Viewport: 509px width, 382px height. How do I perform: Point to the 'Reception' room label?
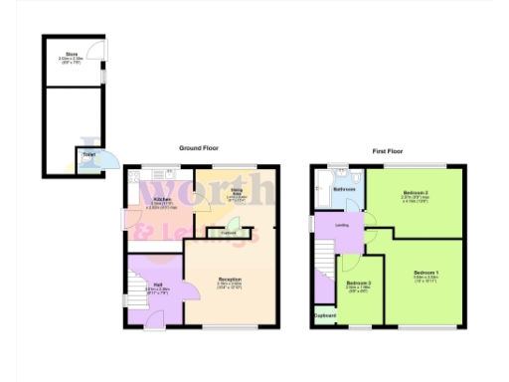[x=230, y=280]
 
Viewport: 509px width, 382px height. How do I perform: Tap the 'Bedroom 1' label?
[x=425, y=272]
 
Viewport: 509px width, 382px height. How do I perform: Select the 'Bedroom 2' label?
[x=415, y=192]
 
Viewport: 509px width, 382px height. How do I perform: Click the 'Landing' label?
[x=341, y=225]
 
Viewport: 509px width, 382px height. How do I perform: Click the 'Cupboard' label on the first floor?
[x=325, y=316]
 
